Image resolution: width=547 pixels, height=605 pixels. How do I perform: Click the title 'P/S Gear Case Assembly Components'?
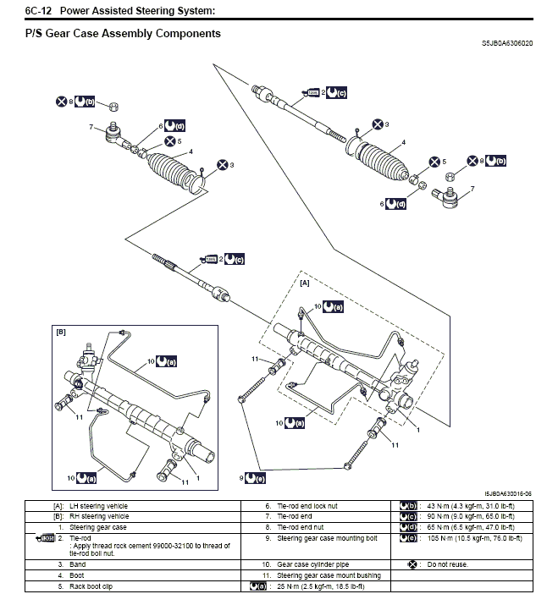tap(123, 34)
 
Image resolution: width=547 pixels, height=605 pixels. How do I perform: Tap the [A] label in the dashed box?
tap(305, 284)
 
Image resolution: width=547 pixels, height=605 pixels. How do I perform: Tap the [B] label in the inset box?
tap(60, 333)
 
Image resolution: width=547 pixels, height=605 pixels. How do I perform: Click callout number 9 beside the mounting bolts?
tap(242, 478)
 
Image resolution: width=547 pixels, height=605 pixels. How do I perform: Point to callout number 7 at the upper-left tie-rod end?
tap(90, 127)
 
